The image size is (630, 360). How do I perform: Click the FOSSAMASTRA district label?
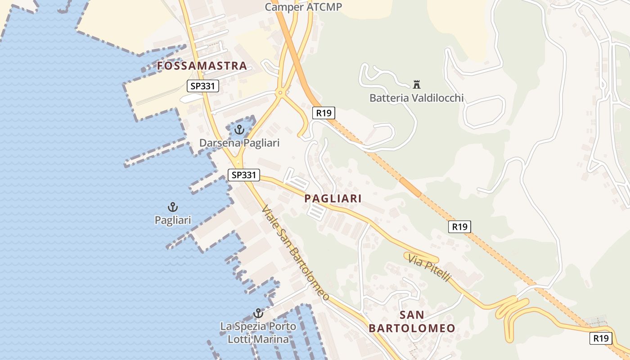[x=202, y=66]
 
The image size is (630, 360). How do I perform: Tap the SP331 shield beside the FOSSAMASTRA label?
[x=203, y=86]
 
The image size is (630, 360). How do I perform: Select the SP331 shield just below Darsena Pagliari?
[x=244, y=175]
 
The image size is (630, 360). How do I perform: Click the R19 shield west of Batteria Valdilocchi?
[x=324, y=112]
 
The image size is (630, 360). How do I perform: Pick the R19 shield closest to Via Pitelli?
[x=459, y=227]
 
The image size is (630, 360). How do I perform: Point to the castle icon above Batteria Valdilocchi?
[x=416, y=84]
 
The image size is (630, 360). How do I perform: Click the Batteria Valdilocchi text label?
[x=416, y=98]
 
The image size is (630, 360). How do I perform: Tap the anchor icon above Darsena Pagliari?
[x=239, y=130]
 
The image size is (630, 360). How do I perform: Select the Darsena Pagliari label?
[x=239, y=143]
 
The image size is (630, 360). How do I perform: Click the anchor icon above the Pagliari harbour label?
[x=173, y=207]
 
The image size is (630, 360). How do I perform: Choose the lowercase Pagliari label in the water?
[x=173, y=220]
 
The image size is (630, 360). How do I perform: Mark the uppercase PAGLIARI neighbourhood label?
[x=333, y=198]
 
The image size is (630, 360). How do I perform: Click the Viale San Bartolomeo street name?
[x=295, y=253]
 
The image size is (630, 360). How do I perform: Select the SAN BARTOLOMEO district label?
[x=412, y=321]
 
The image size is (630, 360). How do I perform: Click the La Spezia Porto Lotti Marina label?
[x=258, y=333]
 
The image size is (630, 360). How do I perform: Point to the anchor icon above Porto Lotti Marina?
[x=258, y=313]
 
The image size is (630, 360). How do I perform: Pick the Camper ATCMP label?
[x=303, y=7]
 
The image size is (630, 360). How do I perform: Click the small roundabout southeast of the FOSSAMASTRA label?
[x=280, y=94]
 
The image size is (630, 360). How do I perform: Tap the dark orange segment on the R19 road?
[x=410, y=186]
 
